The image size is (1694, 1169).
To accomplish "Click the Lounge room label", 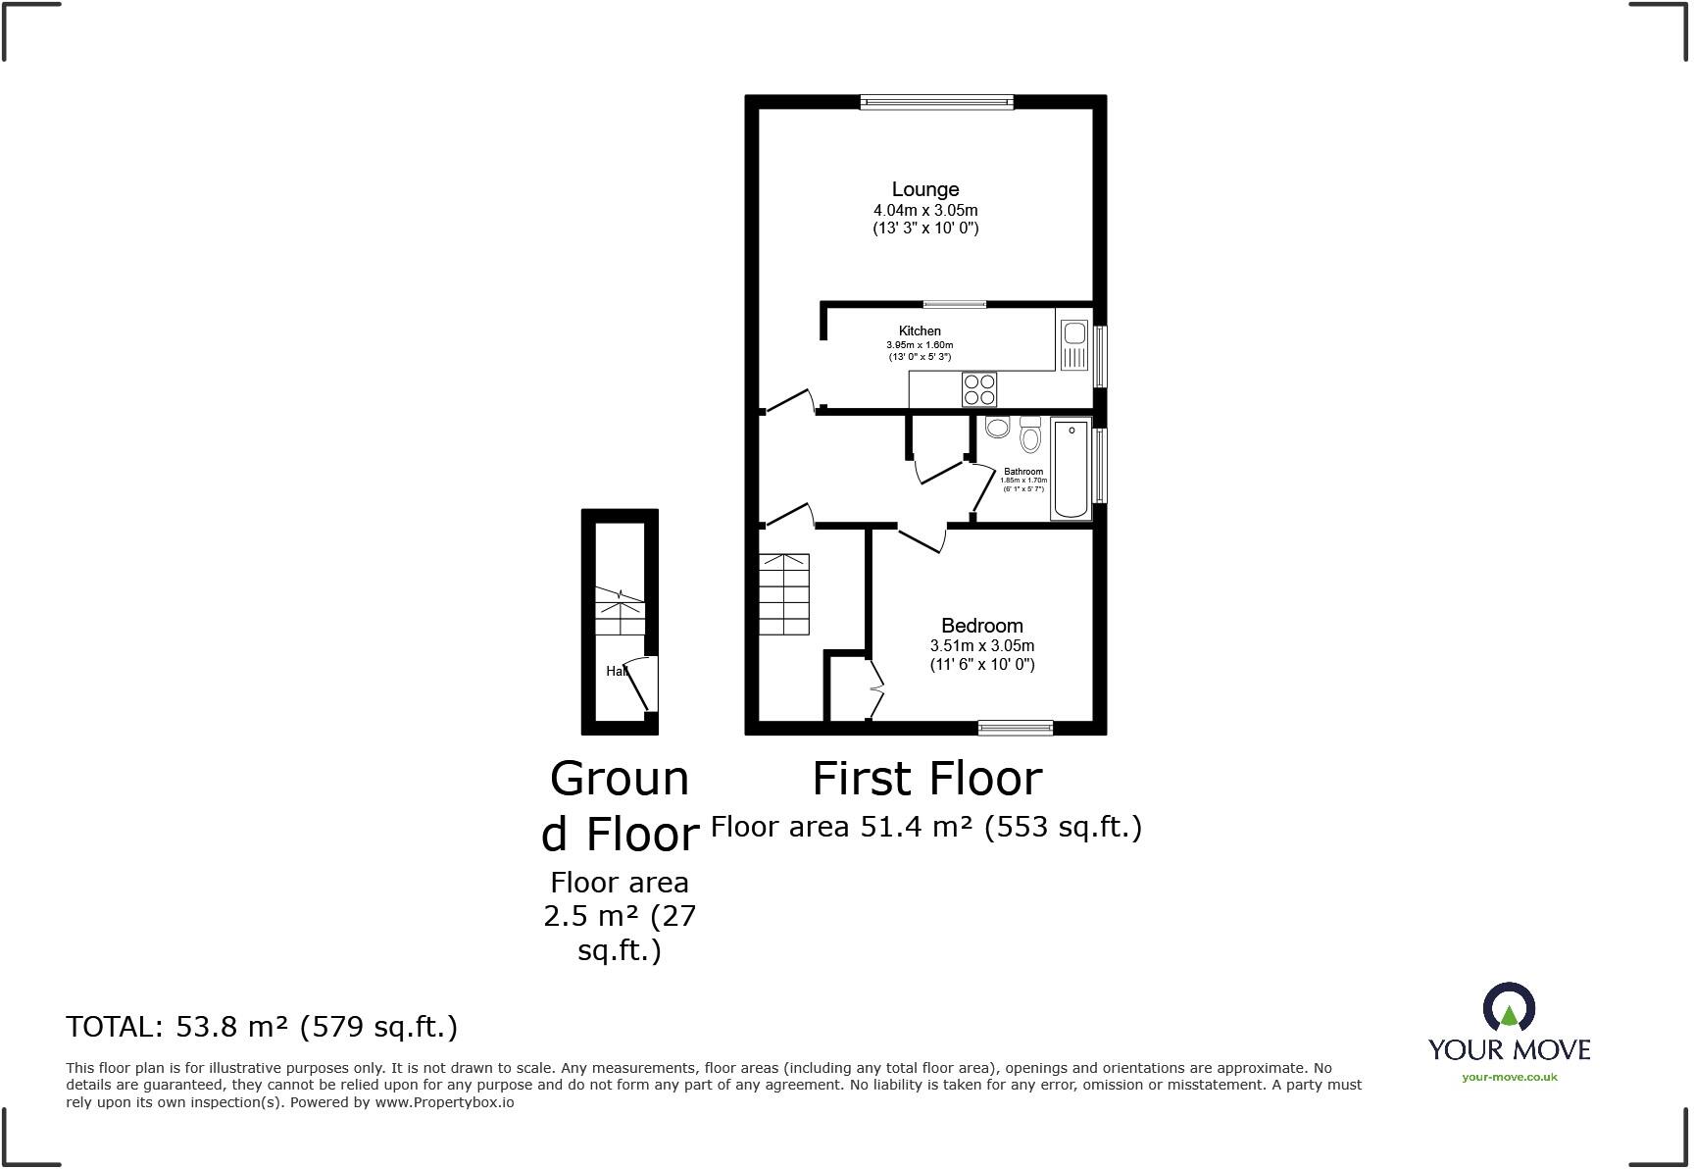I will tap(924, 189).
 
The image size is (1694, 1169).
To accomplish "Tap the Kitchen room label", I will tap(920, 331).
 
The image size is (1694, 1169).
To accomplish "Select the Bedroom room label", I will tap(981, 626).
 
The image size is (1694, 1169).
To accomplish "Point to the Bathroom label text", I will tap(1023, 472).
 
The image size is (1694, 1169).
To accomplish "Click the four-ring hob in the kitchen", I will tap(979, 389).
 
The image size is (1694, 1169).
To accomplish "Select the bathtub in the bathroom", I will tap(1071, 468).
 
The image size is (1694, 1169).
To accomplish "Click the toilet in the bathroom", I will tap(1029, 435).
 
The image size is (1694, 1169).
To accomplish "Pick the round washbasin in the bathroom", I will tap(998, 427).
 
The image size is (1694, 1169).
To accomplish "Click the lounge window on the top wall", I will tap(936, 101).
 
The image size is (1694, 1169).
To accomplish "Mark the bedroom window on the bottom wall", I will tap(1015, 728).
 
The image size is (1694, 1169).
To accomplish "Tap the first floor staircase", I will tap(783, 594).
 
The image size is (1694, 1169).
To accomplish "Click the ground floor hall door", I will tap(640, 684).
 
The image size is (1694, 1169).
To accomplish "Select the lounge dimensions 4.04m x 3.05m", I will tap(925, 210).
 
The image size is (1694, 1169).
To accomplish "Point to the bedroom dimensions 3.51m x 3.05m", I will tap(981, 646).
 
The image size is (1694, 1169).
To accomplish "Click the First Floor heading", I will tap(926, 779).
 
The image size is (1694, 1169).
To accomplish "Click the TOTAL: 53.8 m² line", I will tap(262, 1027).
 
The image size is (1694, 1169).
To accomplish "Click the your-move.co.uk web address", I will tap(1509, 1077).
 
